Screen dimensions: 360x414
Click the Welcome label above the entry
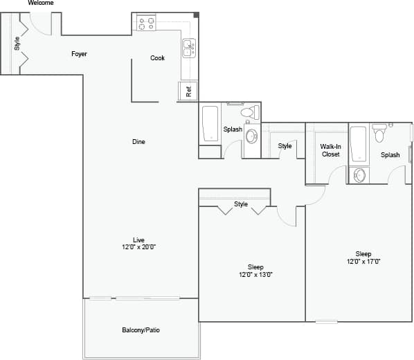click(x=40, y=3)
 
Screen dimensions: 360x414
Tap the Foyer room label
click(x=79, y=54)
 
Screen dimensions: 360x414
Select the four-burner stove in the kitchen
click(x=146, y=24)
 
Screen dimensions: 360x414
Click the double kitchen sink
click(x=188, y=48)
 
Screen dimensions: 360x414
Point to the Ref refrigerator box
click(x=188, y=91)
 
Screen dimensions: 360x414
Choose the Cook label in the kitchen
click(x=158, y=58)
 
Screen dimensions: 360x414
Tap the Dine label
click(x=139, y=142)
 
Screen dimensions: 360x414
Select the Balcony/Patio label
click(x=141, y=330)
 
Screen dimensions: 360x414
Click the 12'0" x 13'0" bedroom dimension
click(x=255, y=275)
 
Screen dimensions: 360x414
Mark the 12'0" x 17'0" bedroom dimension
click(x=363, y=262)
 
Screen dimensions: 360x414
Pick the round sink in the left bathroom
click(x=251, y=135)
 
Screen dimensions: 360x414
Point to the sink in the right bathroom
click(x=359, y=175)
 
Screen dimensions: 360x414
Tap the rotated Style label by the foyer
click(x=17, y=43)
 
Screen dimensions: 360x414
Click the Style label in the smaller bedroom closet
click(x=241, y=204)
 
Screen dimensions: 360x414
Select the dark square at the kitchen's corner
click(x=197, y=15)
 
